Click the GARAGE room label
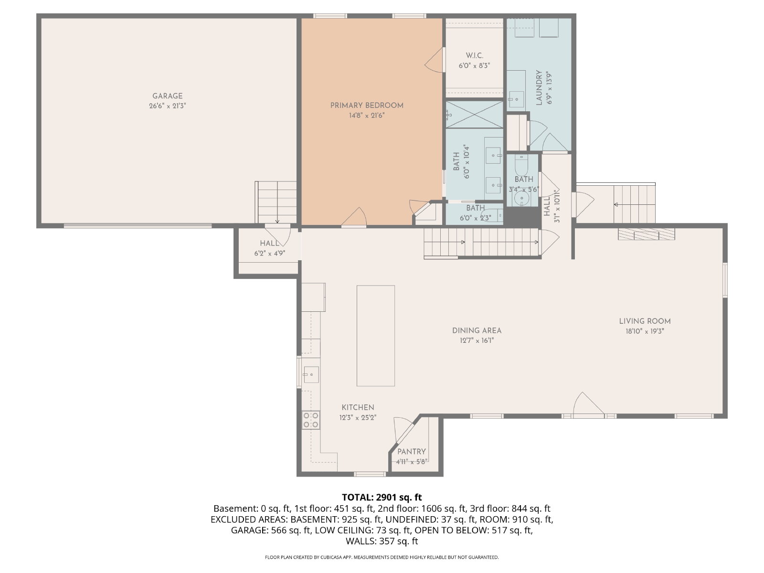(x=168, y=96)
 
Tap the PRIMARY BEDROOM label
(x=367, y=106)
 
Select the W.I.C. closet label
(x=475, y=56)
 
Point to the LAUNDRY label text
(x=539, y=88)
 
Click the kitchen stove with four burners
(x=311, y=420)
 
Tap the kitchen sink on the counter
(x=311, y=375)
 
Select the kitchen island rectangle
(x=376, y=336)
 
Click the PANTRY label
(x=412, y=452)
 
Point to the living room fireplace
(x=647, y=234)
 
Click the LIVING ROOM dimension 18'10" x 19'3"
(x=645, y=331)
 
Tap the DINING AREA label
(x=477, y=330)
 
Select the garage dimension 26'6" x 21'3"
(x=168, y=106)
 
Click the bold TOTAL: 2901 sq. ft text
(x=382, y=497)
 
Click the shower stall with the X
(x=475, y=115)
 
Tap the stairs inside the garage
(x=276, y=202)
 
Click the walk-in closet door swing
(x=435, y=60)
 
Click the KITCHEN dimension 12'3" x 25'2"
(x=358, y=417)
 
